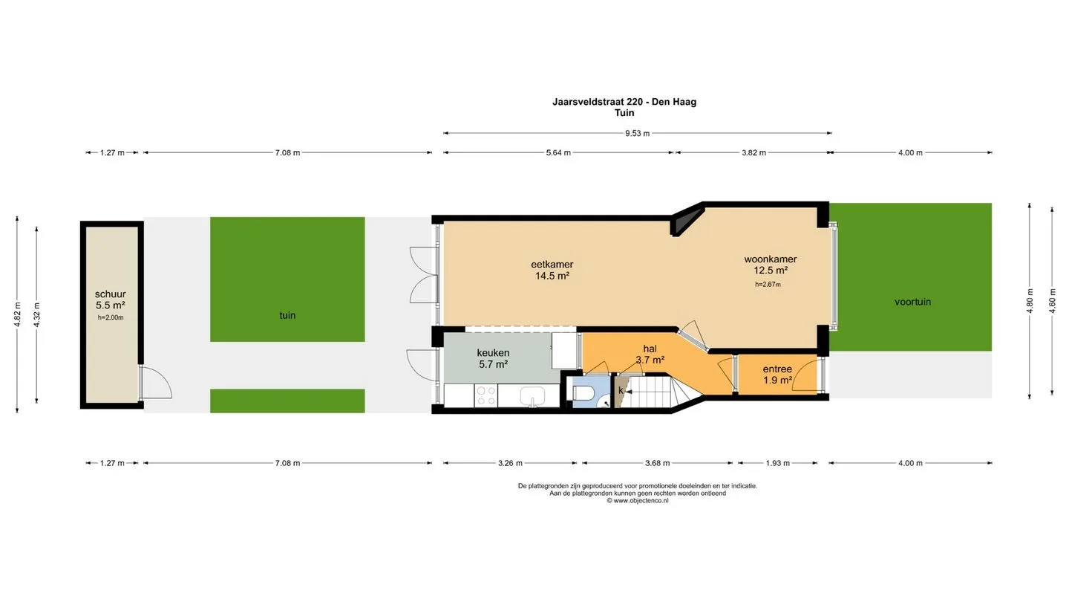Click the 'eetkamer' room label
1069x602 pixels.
pos(552,265)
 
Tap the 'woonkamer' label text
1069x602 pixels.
pos(771,259)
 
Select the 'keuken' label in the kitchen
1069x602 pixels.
pos(493,352)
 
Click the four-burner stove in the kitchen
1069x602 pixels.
pos(486,395)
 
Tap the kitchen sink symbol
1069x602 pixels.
pos(532,397)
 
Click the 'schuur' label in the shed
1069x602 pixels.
pos(110,294)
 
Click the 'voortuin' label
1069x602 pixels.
pos(912,302)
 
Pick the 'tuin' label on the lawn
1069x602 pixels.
pos(287,315)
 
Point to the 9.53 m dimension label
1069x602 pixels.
pos(638,133)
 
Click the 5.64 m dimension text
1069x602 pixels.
pos(558,153)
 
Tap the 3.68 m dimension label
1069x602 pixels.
pos(657,463)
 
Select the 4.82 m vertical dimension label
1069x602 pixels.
pos(18,314)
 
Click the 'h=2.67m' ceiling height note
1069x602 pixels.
pos(768,284)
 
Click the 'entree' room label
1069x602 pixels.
pos(777,369)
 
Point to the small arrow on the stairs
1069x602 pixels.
pos(630,392)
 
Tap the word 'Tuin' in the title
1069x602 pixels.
pos(624,113)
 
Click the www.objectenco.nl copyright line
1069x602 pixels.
pos(638,501)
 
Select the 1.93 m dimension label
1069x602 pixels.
pos(778,463)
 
